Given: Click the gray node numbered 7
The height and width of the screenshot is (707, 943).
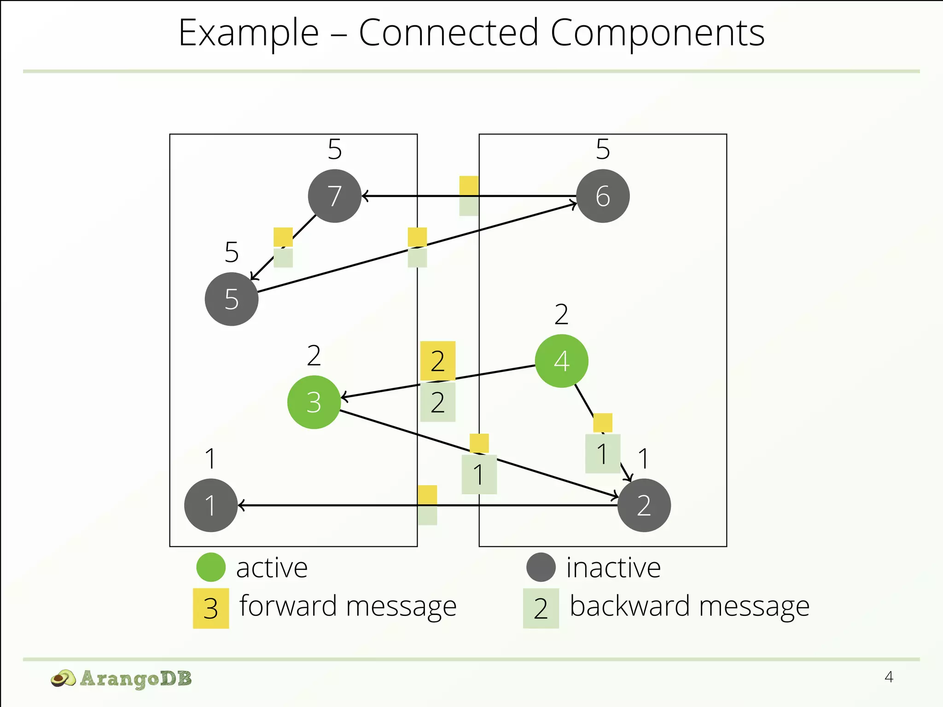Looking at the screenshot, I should (335, 196).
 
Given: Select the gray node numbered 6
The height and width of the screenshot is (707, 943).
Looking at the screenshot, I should (603, 196).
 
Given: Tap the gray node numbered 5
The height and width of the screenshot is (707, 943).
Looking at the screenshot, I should (232, 299).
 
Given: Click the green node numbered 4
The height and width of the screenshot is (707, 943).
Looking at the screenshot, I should (561, 361).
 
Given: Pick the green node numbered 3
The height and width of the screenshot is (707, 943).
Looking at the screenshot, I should (314, 402).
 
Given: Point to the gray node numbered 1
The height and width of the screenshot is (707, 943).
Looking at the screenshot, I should (211, 505).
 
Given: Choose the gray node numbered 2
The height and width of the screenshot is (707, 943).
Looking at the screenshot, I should (644, 505).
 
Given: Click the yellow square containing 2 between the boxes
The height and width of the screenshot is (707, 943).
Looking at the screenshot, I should (438, 361).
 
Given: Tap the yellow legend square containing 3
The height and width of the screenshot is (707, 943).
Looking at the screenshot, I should (211, 608).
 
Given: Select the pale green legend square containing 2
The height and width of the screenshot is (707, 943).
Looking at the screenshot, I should (541, 608).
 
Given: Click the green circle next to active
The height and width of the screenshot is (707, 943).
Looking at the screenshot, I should (211, 567).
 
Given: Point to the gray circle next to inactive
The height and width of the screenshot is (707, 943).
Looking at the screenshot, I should (541, 567).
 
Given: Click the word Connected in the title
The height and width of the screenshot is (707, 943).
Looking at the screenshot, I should (448, 33).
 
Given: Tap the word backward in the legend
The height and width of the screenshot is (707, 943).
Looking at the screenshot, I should (630, 606).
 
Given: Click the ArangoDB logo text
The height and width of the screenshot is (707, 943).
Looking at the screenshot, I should (136, 678).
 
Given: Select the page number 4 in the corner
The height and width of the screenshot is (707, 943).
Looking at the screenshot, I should (889, 677).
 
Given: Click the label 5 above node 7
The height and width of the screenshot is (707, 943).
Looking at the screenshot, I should (335, 150).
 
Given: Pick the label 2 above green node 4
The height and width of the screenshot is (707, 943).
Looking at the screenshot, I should (561, 315).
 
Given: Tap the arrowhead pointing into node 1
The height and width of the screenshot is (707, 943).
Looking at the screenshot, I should (241, 505).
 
